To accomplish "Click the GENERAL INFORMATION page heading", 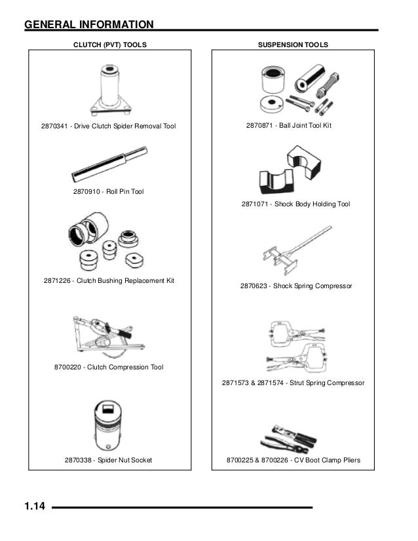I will (x=89, y=25).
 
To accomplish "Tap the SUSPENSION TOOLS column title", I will (x=294, y=45).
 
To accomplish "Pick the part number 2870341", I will (x=55, y=126).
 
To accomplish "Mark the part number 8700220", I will (x=68, y=367).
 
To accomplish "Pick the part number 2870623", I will (x=255, y=286).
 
